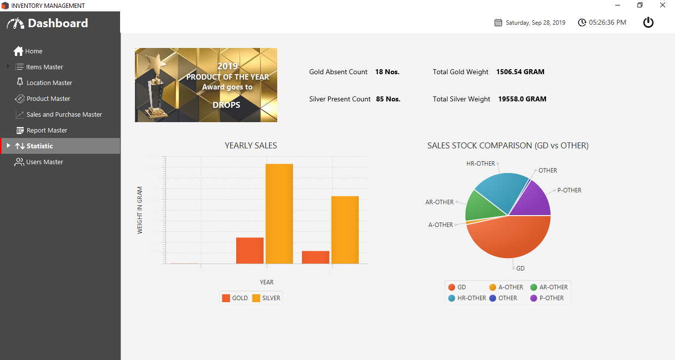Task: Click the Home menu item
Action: [34, 51]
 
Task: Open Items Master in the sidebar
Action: [44, 67]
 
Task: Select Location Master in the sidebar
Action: [49, 83]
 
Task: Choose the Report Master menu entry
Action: [46, 131]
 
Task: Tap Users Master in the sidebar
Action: [44, 162]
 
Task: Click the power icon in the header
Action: [648, 22]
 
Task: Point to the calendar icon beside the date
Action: [498, 23]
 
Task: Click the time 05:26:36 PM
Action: [607, 23]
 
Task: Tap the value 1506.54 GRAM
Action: [520, 72]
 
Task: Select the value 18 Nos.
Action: [387, 72]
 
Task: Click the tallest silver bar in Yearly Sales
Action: [279, 213]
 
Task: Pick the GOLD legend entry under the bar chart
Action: [235, 298]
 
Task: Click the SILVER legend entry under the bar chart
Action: [266, 298]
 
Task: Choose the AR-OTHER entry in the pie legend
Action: [549, 287]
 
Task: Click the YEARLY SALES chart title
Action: [251, 146]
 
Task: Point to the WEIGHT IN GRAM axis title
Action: [140, 210]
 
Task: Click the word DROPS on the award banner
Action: [226, 105]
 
